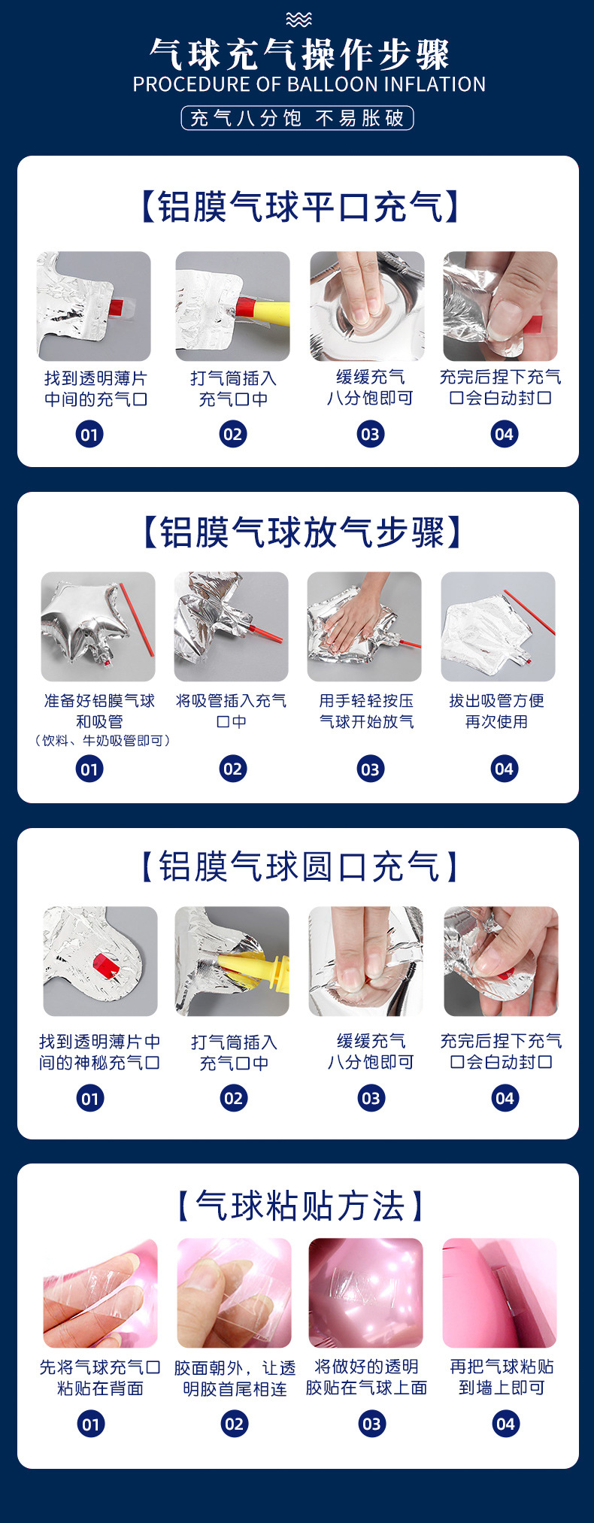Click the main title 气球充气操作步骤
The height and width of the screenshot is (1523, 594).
299,54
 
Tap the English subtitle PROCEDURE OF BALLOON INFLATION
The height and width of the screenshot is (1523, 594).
309,84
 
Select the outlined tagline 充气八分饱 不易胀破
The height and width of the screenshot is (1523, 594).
297,118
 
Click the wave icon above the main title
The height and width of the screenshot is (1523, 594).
299,20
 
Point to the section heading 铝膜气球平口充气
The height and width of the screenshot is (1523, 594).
299,206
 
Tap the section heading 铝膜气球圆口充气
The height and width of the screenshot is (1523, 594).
299,866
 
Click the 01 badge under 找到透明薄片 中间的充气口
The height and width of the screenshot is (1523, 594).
89,434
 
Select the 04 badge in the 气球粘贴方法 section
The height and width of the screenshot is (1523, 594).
505,1423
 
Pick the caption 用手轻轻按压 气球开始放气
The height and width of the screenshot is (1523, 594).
366,711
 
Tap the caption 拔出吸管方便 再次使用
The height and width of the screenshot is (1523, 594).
496,711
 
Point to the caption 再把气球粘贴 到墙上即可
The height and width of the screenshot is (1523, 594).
502,1377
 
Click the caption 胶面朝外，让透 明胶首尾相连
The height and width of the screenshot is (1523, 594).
235,1378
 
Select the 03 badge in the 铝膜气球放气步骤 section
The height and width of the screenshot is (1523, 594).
370,769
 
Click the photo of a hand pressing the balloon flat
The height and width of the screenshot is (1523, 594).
365,626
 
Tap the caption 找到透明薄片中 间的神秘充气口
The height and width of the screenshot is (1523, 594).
99,1052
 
